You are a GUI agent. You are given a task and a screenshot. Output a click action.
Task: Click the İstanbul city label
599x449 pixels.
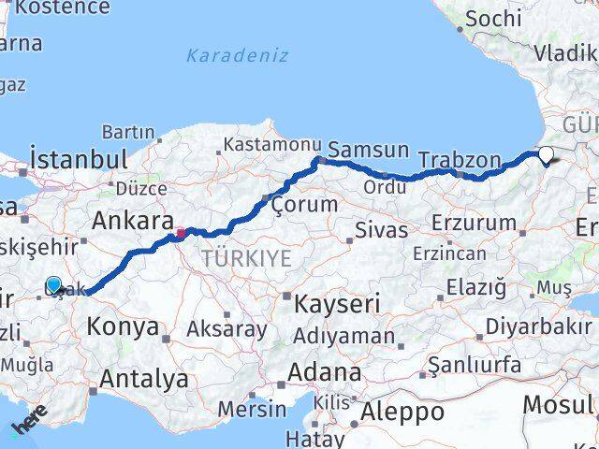click(78, 157)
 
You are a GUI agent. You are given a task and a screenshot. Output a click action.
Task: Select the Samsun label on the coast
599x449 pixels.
click(368, 150)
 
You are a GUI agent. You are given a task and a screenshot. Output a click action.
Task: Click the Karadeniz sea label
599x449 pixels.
click(237, 55)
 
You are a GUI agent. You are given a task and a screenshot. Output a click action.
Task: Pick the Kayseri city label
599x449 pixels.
click(337, 303)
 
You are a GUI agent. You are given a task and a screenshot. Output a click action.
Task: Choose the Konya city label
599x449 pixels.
click(123, 326)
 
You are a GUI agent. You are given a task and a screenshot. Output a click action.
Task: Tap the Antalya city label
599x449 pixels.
click(143, 380)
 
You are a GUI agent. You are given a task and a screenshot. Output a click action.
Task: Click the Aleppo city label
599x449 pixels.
click(403, 411)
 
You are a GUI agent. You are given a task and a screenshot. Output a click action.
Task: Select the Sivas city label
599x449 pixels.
click(382, 230)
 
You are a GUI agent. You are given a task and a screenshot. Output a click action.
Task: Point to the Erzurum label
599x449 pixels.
click(475, 224)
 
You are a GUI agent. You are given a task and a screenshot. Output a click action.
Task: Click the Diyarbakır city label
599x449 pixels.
click(544, 326)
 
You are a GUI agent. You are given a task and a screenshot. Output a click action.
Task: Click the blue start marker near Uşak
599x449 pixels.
click(53, 284)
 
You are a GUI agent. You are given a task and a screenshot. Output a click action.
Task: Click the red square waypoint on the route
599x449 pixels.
click(181, 233)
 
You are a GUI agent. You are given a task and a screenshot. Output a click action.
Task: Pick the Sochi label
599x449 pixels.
click(492, 18)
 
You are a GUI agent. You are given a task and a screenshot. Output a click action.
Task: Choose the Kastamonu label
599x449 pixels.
click(259, 145)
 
